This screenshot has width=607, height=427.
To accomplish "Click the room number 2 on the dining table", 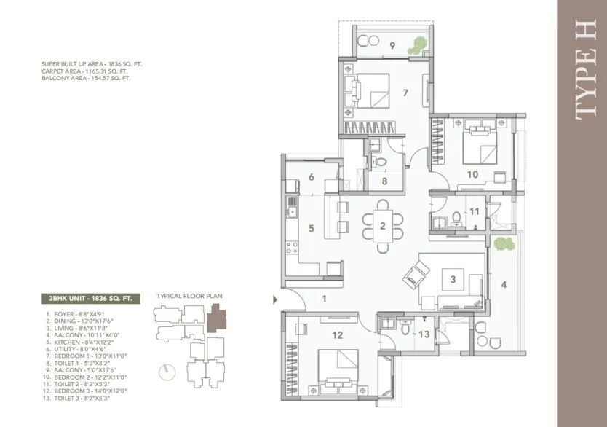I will click(382, 225).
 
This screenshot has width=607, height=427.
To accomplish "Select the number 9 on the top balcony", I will click(392, 45).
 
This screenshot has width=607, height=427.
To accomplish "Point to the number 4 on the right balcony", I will click(503, 284).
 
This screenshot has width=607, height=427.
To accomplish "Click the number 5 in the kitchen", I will click(311, 228).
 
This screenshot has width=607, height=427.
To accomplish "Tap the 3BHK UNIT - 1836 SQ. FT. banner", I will click(88, 297).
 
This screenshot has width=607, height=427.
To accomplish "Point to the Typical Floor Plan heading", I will click(189, 297).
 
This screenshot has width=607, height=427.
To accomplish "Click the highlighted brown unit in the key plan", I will click(216, 318).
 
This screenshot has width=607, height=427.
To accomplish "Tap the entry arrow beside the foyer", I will click(274, 298).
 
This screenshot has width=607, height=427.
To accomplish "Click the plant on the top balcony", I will click(417, 45).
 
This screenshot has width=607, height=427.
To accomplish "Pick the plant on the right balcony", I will click(501, 243).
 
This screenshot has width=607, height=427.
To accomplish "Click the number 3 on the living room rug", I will click(453, 279).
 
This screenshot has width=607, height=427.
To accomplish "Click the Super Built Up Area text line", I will click(92, 64).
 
